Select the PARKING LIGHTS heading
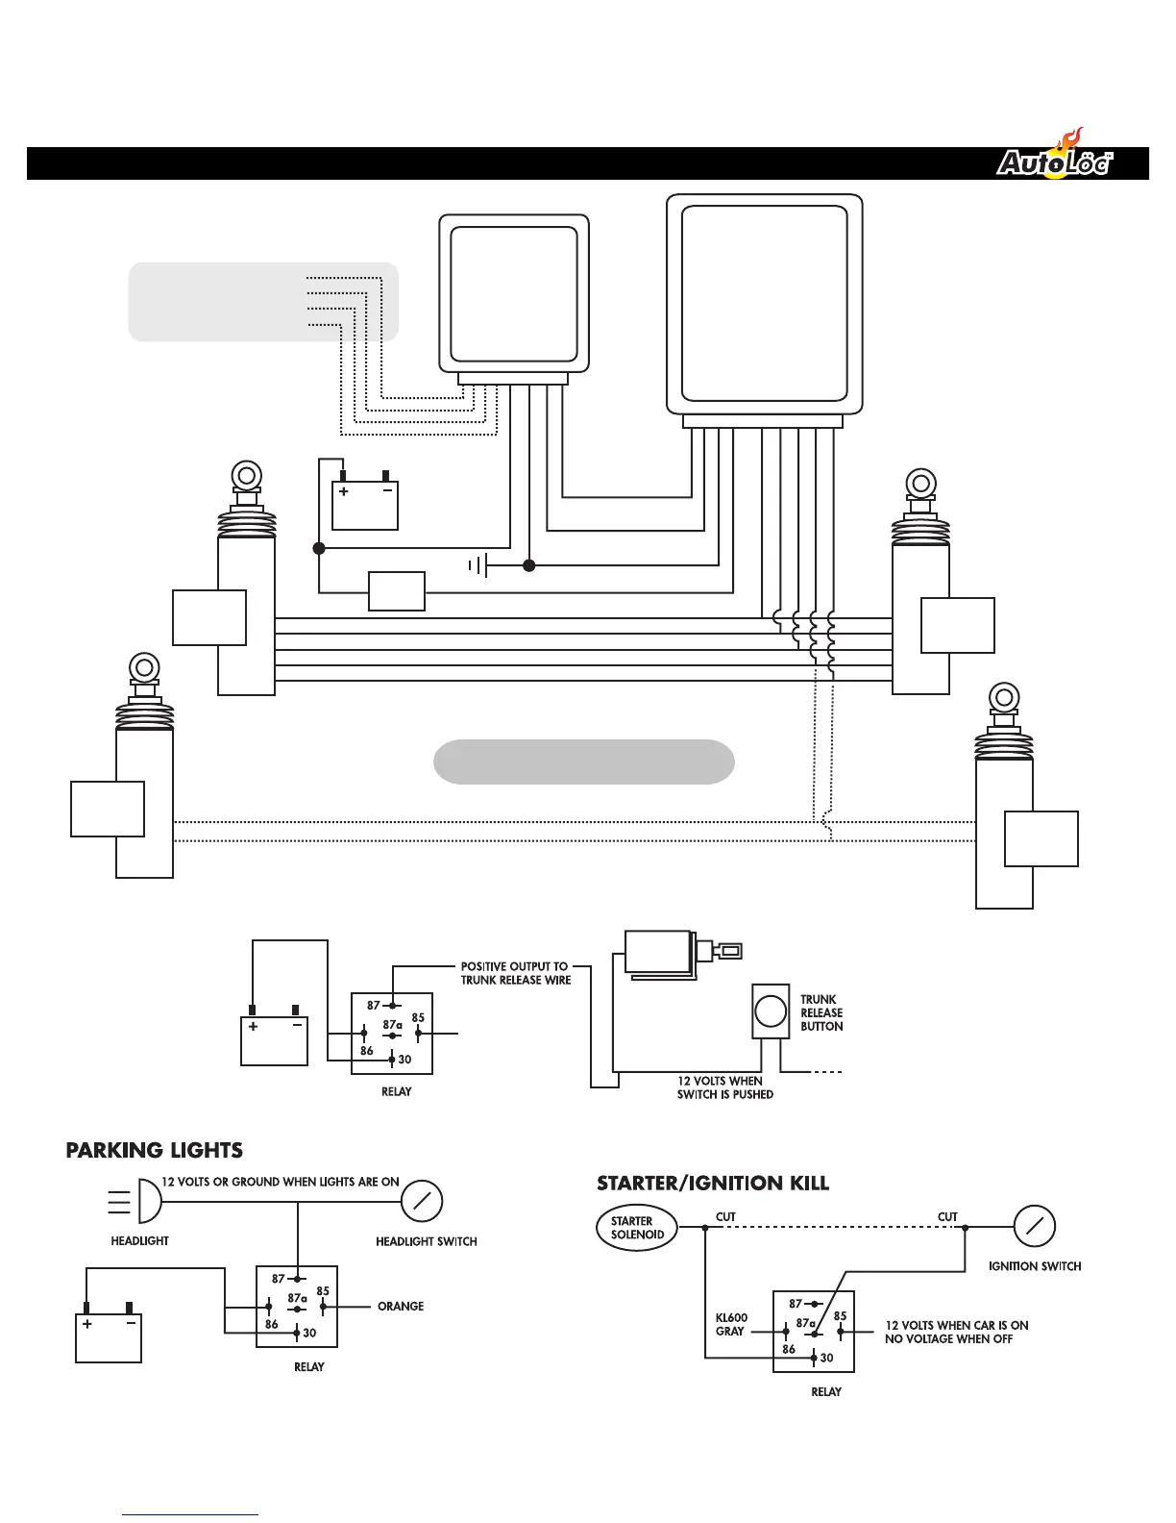click(x=154, y=1150)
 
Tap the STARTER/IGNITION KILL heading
click(x=712, y=1183)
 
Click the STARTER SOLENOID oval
click(x=637, y=1228)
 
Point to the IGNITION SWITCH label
click(x=1035, y=1266)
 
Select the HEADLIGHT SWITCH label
click(x=426, y=1241)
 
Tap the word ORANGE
click(x=401, y=1306)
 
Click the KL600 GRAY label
click(x=731, y=1324)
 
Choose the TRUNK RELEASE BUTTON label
click(x=821, y=1012)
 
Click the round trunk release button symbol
click(x=771, y=1011)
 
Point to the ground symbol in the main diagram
click(x=478, y=565)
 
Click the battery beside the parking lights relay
click(x=109, y=1336)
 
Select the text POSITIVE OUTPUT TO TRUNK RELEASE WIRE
click(x=515, y=973)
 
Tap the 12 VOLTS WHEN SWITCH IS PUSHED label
click(x=724, y=1087)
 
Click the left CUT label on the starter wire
click(x=725, y=1216)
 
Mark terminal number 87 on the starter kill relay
click(x=796, y=1304)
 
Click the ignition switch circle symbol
click(x=1035, y=1226)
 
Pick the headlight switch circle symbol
click(x=421, y=1201)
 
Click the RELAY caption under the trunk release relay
click(x=396, y=1091)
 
